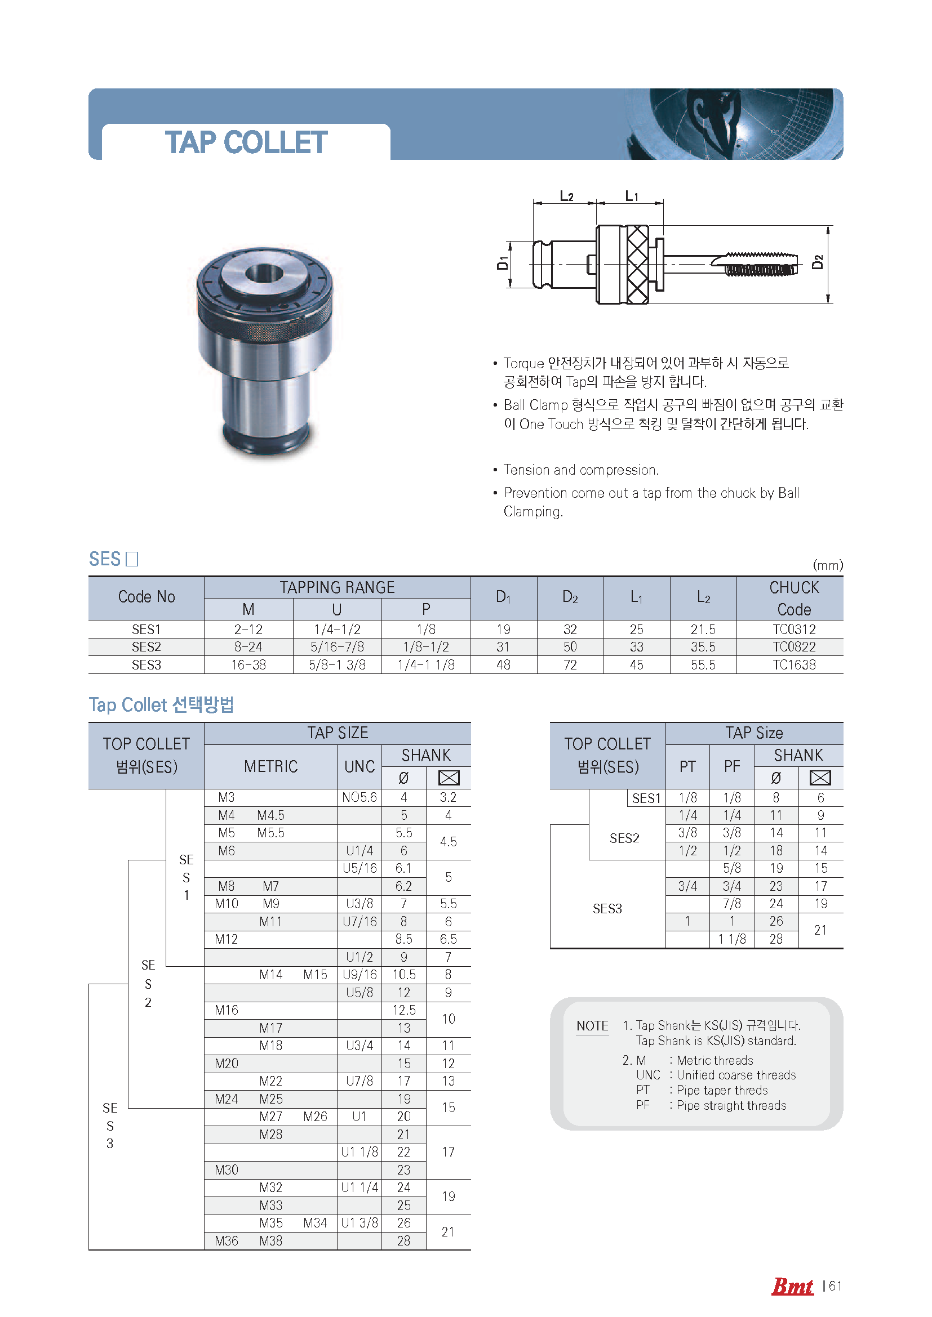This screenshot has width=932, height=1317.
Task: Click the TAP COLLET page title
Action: point(246,142)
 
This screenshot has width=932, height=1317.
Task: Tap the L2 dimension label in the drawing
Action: point(566,196)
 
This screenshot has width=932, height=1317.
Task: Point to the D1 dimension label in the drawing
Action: point(503,263)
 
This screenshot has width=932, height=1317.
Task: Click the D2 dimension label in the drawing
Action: point(818,262)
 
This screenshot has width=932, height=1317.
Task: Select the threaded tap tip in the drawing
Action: point(760,264)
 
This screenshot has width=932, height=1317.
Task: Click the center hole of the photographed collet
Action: point(264,273)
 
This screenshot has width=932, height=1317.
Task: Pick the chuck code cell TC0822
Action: point(794,647)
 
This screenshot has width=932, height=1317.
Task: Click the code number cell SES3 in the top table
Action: point(147,665)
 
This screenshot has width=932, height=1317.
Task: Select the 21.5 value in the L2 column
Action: point(703,630)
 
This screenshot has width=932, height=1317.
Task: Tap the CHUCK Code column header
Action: point(794,599)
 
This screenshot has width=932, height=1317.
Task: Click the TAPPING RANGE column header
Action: point(337,587)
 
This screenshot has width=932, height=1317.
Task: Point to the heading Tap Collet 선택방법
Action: point(161,704)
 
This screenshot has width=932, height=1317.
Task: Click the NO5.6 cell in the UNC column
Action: point(360,797)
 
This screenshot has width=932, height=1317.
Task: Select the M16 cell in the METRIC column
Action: point(227,1010)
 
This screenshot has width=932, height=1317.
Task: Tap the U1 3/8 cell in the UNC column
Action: point(360,1223)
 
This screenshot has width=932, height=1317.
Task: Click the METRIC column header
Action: point(270,766)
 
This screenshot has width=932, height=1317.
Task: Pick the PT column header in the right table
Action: point(687,766)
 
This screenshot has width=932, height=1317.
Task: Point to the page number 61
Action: point(835,1286)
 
